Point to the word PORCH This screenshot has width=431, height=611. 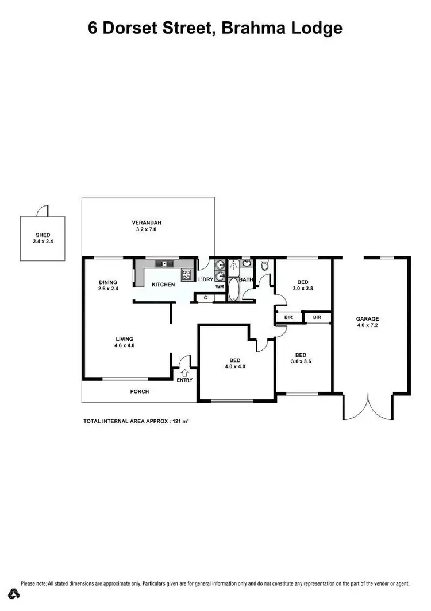[x=140, y=391]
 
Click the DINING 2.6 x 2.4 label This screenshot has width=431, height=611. [x=108, y=285]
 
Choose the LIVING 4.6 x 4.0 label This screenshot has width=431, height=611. [x=124, y=343]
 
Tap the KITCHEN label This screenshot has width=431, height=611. [x=163, y=285]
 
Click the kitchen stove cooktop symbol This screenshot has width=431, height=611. [x=186, y=275]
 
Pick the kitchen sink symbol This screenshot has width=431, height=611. [x=164, y=264]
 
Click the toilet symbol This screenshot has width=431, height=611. [x=264, y=266]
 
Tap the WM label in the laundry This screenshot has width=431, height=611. [x=219, y=286]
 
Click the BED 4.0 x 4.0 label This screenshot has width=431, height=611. [x=234, y=363]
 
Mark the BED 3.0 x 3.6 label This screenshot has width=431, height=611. [x=302, y=359]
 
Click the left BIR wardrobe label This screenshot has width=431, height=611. [x=288, y=317]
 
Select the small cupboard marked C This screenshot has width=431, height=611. [x=205, y=297]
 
